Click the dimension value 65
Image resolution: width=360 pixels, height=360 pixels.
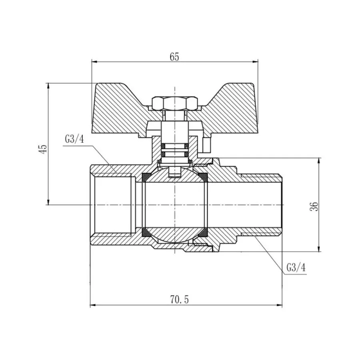click(x=174, y=56)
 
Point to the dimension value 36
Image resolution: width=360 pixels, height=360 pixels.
click(x=315, y=206)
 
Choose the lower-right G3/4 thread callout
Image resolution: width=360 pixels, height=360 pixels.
click(x=296, y=268)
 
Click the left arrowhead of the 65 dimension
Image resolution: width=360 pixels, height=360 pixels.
click(x=95, y=62)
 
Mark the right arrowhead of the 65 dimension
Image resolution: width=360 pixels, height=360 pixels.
click(x=255, y=62)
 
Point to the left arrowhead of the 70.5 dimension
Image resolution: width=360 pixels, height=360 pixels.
click(x=92, y=306)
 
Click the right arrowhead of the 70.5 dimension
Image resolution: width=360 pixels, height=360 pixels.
click(x=280, y=306)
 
